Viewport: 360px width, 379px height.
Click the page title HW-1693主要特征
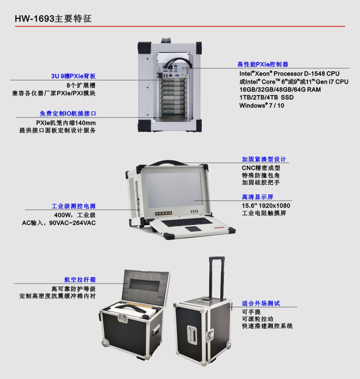pyautogui.click(x=53, y=18)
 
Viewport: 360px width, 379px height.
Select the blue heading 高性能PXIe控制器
pyautogui.click(x=263, y=64)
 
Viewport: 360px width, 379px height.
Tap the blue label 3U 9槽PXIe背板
pyautogui.click(x=73, y=76)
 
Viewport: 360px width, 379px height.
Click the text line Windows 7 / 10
pyautogui.click(x=262, y=106)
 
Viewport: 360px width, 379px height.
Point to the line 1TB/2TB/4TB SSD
pyautogui.click(x=266, y=98)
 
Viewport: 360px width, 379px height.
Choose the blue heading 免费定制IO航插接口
pyautogui.click(x=68, y=114)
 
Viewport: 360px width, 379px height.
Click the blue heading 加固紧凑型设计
pyautogui.click(x=264, y=159)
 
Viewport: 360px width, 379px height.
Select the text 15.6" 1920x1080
pyautogui.click(x=266, y=206)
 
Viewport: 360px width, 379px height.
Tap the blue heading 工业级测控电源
pyautogui.click(x=74, y=206)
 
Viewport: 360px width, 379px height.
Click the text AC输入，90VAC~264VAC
pyautogui.click(x=59, y=223)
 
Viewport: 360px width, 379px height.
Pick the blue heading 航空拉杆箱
pyautogui.click(x=80, y=280)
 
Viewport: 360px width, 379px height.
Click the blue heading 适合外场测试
pyautogui.click(x=261, y=303)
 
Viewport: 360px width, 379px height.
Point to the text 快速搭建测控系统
pyautogui.click(x=267, y=326)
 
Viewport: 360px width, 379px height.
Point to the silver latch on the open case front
pyautogui.click(x=123, y=318)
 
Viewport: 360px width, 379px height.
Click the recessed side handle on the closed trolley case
pyautogui.click(x=192, y=334)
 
